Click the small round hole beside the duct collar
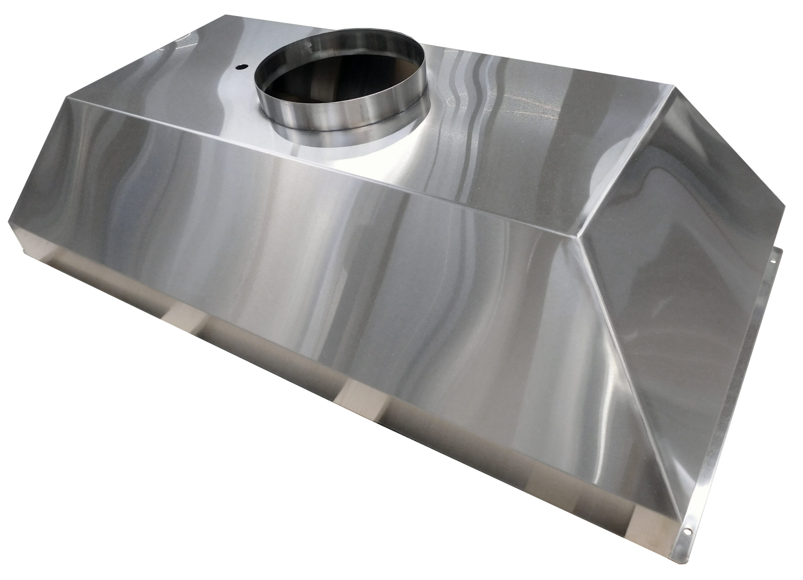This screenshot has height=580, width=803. [242, 66]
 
